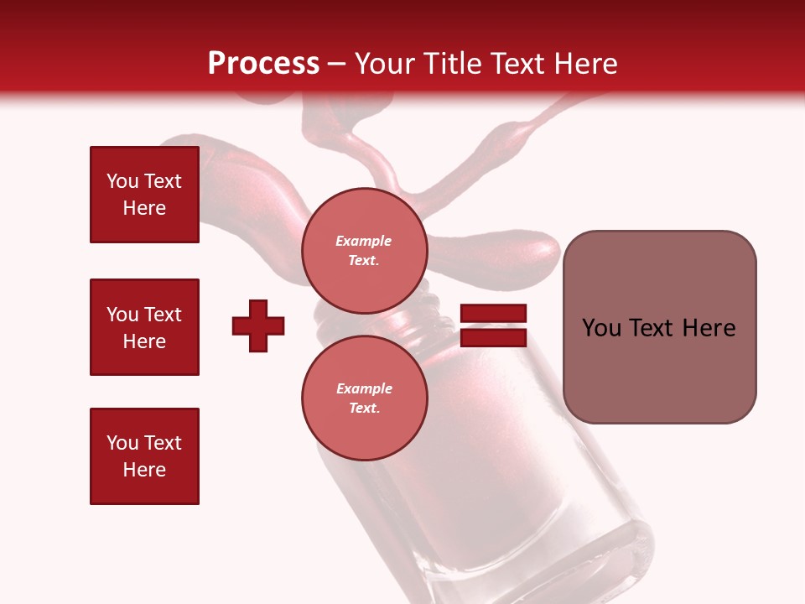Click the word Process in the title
pyautogui.click(x=263, y=64)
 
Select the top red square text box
pyautogui.click(x=144, y=195)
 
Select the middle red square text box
pyautogui.click(x=144, y=327)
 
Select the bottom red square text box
pyautogui.click(x=144, y=456)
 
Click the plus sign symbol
pyautogui.click(x=258, y=325)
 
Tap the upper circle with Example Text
pyautogui.click(x=364, y=251)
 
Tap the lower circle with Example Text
pyautogui.click(x=364, y=398)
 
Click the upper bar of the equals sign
pyautogui.click(x=493, y=314)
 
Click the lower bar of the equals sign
pyautogui.click(x=493, y=338)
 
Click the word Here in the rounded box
pyautogui.click(x=709, y=328)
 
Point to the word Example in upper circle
pyautogui.click(x=364, y=241)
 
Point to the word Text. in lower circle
pyautogui.click(x=364, y=409)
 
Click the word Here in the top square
pyautogui.click(x=144, y=208)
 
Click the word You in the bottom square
pyautogui.click(x=122, y=443)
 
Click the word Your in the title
pyautogui.click(x=386, y=64)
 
